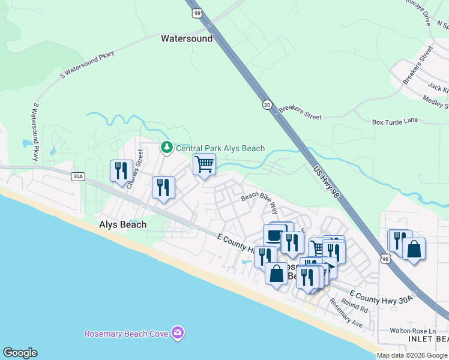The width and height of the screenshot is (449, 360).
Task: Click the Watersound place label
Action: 187,38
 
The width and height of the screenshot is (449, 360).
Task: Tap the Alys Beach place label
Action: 122,224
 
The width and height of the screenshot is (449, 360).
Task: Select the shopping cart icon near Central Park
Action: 204,164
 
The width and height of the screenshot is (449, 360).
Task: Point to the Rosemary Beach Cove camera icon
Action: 177,333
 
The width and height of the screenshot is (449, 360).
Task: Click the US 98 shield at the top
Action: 196,12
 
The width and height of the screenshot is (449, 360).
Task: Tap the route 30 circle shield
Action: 267,104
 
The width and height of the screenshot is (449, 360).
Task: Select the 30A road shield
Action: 77,176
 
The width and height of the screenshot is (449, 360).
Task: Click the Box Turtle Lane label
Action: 394,121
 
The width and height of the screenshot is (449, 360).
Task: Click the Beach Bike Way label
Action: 259,203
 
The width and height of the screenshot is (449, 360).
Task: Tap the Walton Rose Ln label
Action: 412,331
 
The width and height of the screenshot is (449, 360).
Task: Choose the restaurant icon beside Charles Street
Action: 121,171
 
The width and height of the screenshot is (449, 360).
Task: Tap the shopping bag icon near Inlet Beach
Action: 414,249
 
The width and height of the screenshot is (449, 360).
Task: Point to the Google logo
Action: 20,353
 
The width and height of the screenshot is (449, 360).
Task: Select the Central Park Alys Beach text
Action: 220,148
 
